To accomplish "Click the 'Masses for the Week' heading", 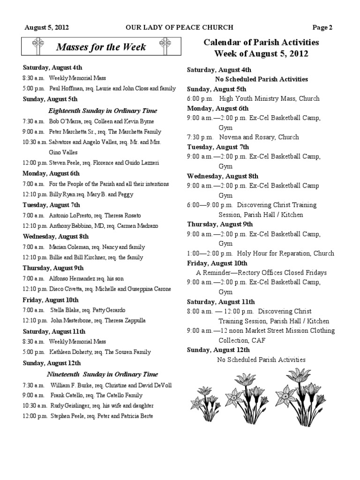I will [x=101, y=47].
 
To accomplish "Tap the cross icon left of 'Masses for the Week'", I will [x=38, y=46].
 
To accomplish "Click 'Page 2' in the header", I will [x=323, y=28].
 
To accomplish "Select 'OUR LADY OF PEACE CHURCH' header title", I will [x=179, y=28].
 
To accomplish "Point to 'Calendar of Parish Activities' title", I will [x=261, y=42].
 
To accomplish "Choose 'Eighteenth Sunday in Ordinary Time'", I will [x=103, y=111].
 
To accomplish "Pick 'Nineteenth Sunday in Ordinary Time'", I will [x=102, y=375].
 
